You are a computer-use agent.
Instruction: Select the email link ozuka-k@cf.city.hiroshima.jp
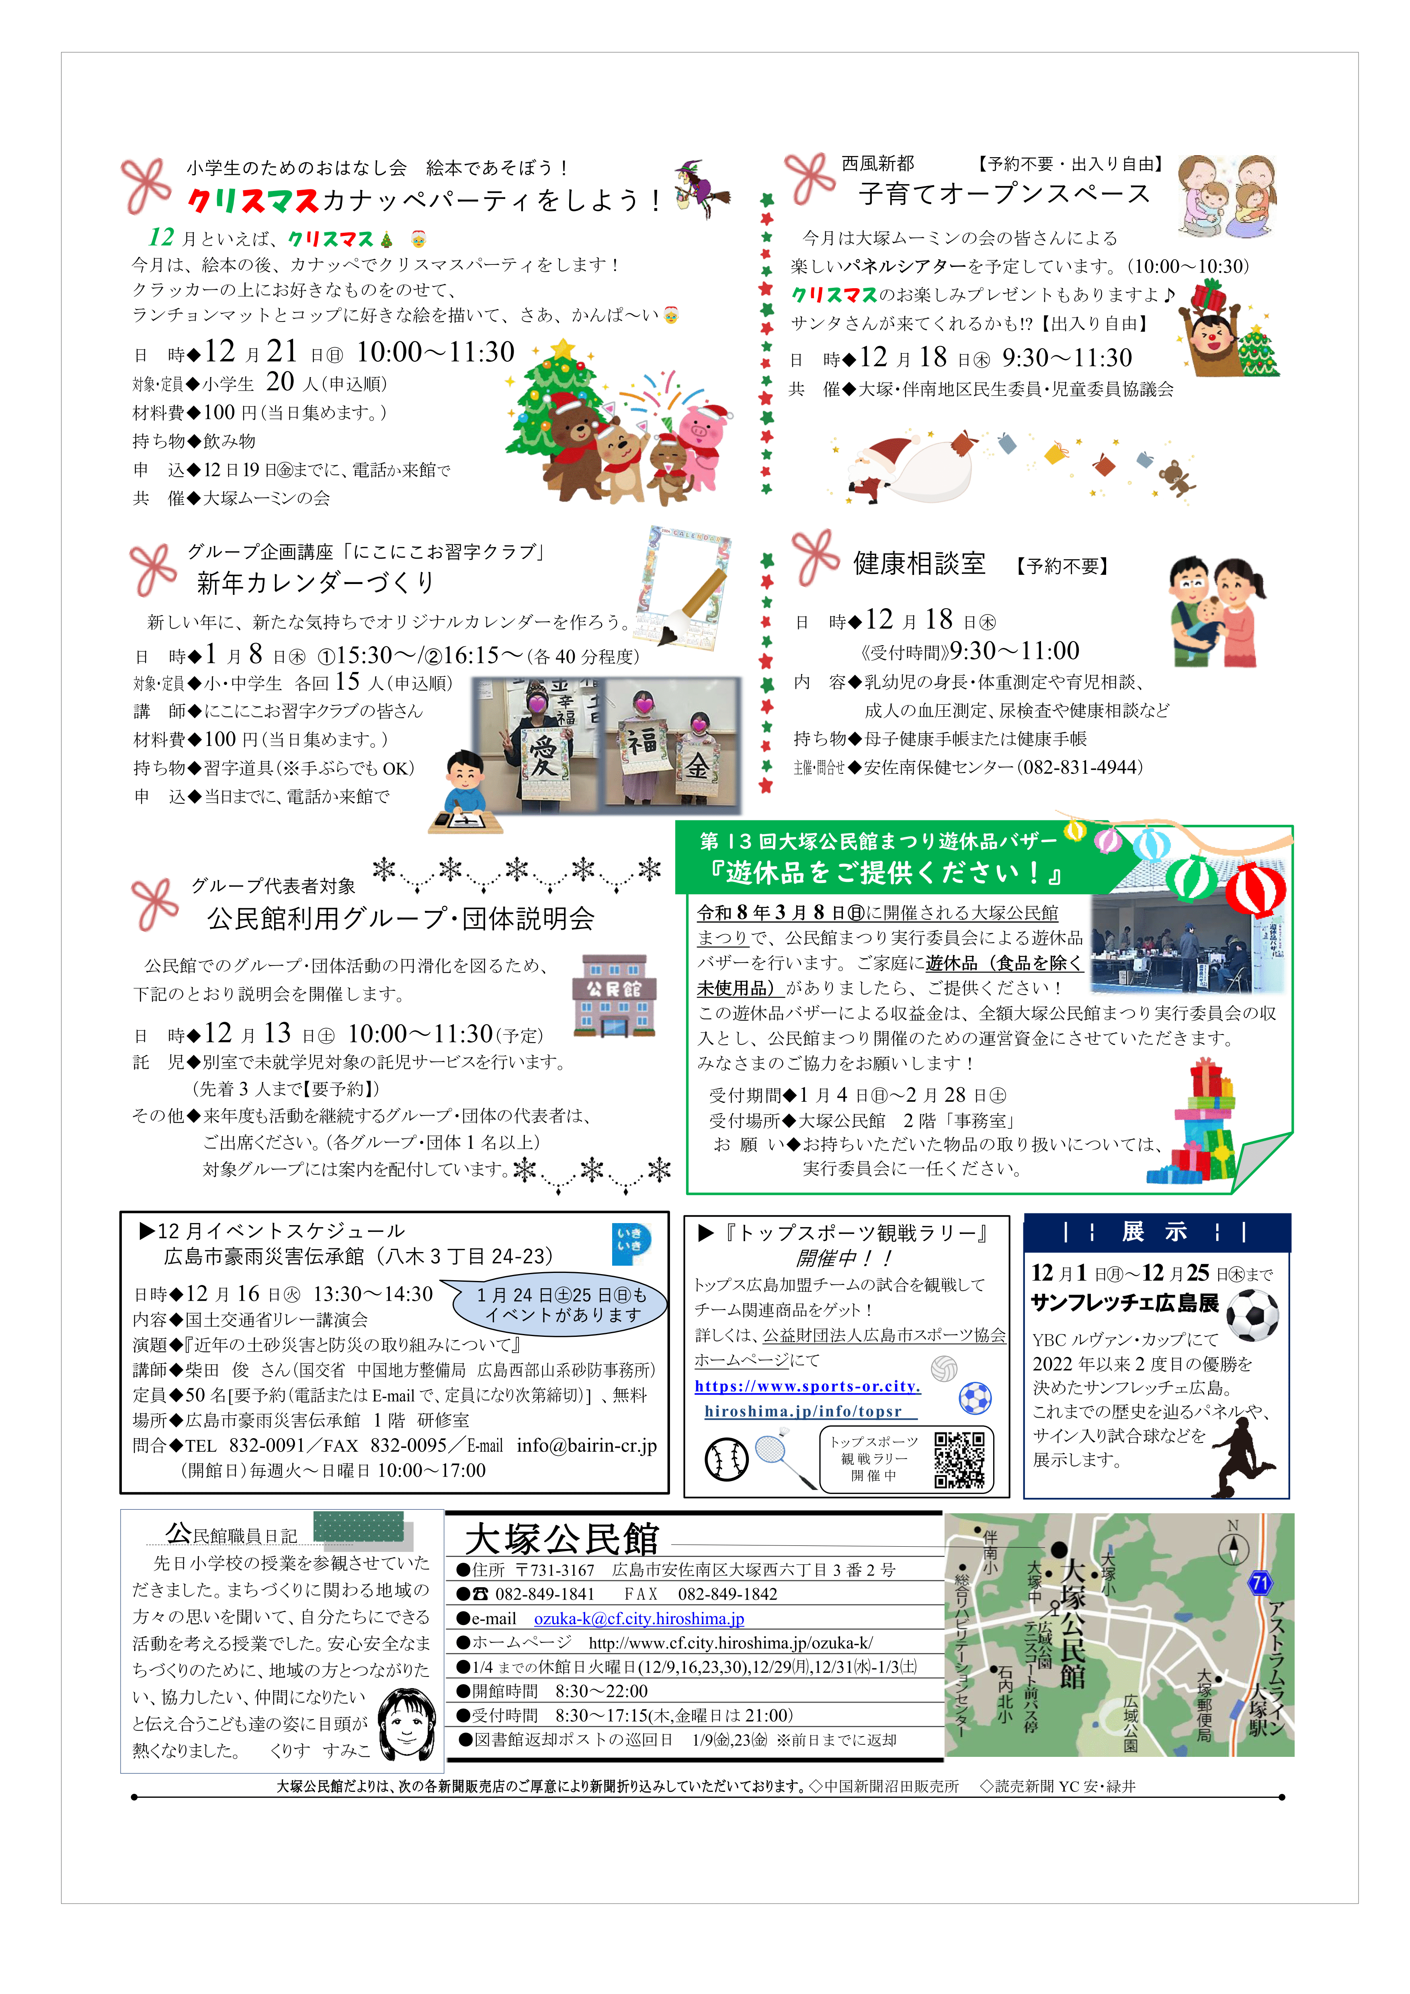(x=638, y=1619)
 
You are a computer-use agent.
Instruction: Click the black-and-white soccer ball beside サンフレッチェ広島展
(x=1252, y=1315)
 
